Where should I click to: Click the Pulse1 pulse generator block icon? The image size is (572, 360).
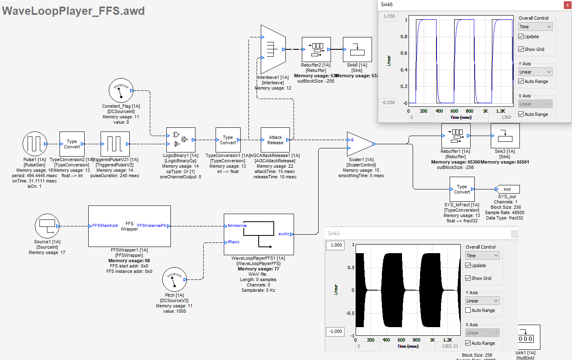[x=35, y=144]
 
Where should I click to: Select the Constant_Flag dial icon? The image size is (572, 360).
[x=121, y=91]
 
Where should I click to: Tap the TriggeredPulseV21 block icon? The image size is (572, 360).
[x=115, y=144]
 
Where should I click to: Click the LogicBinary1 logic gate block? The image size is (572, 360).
[x=181, y=140]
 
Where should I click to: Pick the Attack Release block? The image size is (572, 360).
[x=275, y=140]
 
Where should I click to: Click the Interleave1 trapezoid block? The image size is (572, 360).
[x=273, y=49]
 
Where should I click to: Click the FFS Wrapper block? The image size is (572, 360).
[x=129, y=226]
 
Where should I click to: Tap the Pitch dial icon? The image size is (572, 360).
[x=174, y=279]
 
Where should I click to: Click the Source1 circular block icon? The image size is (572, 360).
[x=47, y=226]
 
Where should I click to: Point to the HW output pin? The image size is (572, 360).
[x=508, y=189]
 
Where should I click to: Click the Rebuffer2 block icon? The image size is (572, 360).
[x=316, y=49]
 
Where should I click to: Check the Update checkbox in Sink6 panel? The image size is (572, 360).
[x=521, y=37]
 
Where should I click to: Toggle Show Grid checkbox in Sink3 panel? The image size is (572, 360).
[x=468, y=278]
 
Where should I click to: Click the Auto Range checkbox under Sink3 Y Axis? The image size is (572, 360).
[x=468, y=310]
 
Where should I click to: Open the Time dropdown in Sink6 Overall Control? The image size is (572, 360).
[x=535, y=27]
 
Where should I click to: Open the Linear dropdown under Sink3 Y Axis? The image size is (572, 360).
[x=482, y=301]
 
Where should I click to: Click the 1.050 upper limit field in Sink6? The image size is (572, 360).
[x=388, y=16]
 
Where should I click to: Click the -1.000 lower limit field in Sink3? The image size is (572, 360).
[x=335, y=331]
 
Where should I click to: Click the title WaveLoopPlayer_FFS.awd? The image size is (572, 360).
[x=74, y=11]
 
